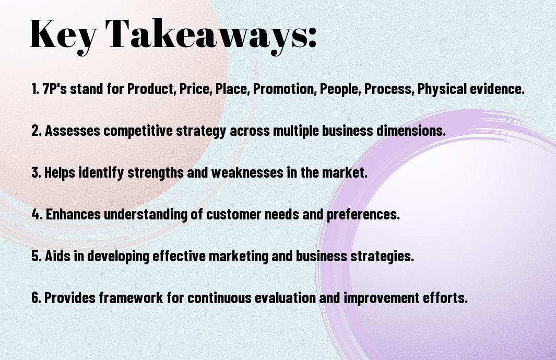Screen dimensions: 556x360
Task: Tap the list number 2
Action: (x=37, y=131)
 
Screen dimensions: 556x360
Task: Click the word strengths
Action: (x=155, y=172)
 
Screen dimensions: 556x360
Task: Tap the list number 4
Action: (x=37, y=214)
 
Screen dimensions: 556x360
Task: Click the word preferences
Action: (x=363, y=214)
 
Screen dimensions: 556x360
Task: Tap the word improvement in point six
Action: (x=382, y=298)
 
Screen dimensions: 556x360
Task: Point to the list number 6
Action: (x=37, y=297)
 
